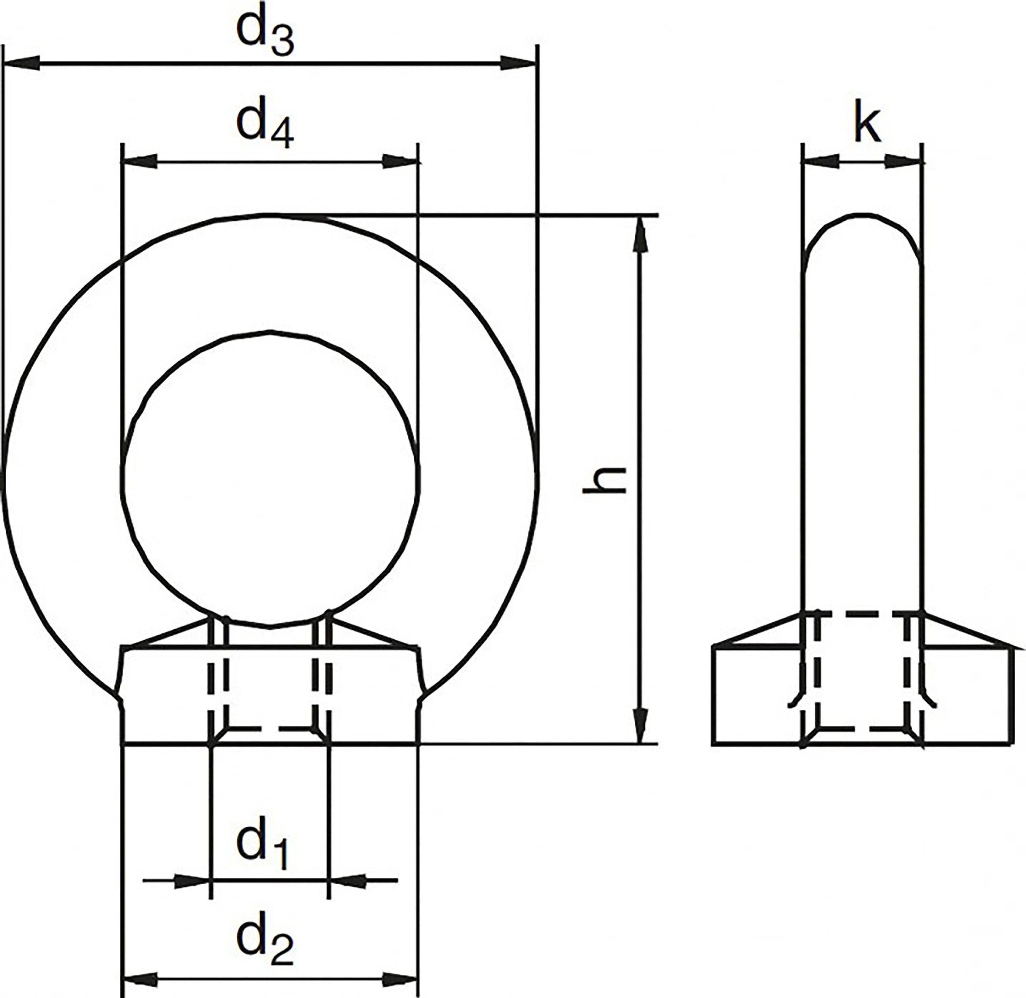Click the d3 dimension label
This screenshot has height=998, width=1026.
(265, 35)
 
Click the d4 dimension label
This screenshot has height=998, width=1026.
(265, 129)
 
